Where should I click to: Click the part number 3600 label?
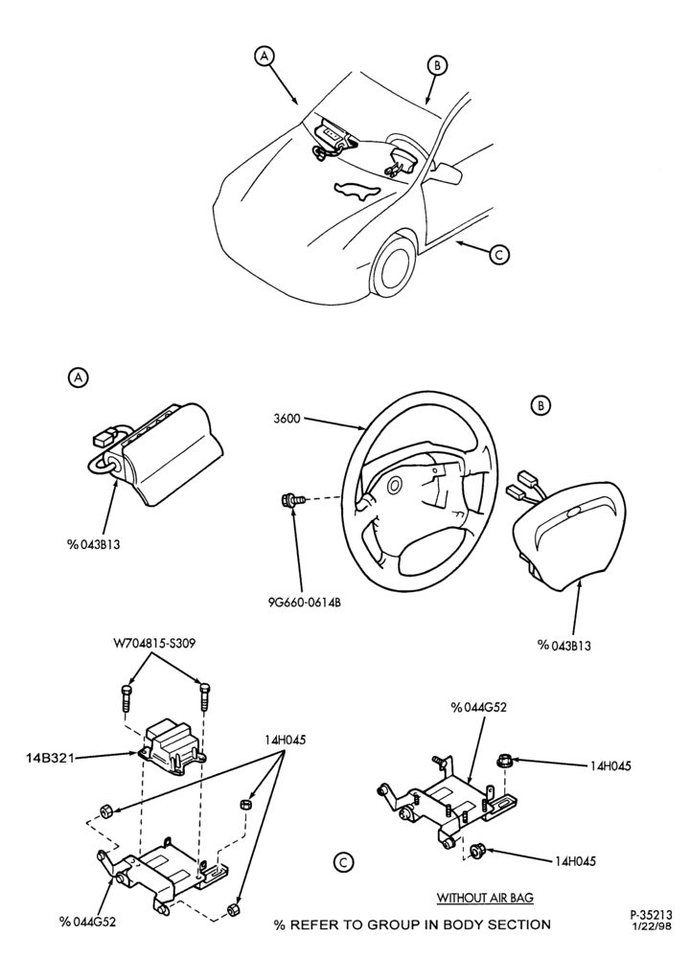pyautogui.click(x=287, y=420)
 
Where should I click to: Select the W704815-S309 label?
pyautogui.click(x=153, y=645)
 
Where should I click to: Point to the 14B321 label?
pyautogui.click(x=50, y=758)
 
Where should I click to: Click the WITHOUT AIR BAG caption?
pyautogui.click(x=485, y=898)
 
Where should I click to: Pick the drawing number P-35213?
pyautogui.click(x=651, y=915)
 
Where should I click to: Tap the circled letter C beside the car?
pyautogui.click(x=499, y=255)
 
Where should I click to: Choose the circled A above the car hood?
pyautogui.click(x=264, y=57)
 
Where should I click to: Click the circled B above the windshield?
pyautogui.click(x=438, y=65)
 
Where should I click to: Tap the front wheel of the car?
pyautogui.click(x=390, y=267)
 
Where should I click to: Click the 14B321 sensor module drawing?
pyautogui.click(x=171, y=745)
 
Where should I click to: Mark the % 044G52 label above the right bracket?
pyautogui.click(x=478, y=708)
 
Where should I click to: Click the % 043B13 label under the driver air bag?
pyautogui.click(x=563, y=645)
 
